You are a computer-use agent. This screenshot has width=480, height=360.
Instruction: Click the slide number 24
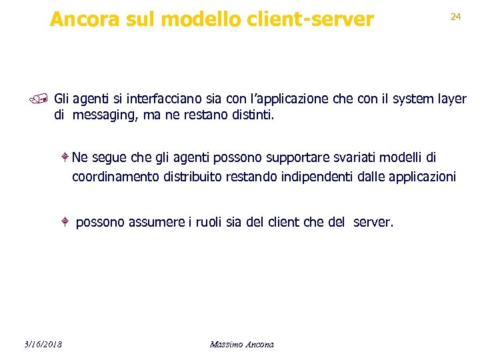coord(456,17)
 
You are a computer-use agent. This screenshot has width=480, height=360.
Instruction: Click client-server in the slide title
coord(319,19)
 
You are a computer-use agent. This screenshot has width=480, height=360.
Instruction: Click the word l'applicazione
coord(288,99)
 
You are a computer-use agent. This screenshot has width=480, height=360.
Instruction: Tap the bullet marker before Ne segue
coord(65,157)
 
